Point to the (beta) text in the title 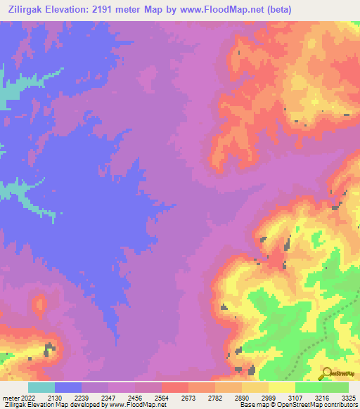pos(276,9)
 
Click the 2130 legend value pos(54,397)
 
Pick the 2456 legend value pos(134,397)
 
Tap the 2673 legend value pos(188,397)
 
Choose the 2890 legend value pos(241,397)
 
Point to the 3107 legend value pos(295,397)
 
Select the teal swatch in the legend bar pos(41,387)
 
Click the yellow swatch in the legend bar pos(281,387)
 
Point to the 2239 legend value pos(81,397)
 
